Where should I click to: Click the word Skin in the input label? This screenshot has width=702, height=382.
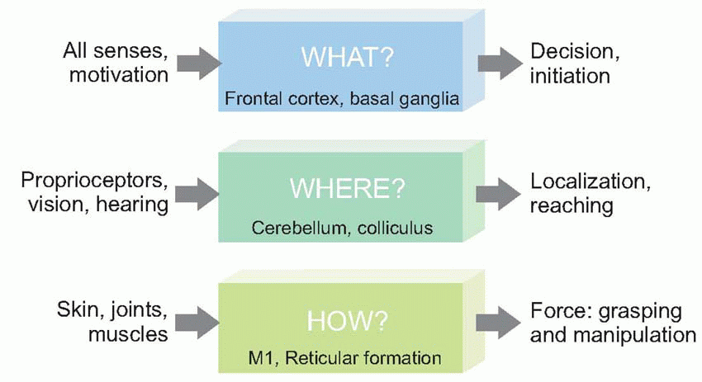[x=79, y=311]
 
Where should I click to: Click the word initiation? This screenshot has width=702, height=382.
[x=570, y=75]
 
